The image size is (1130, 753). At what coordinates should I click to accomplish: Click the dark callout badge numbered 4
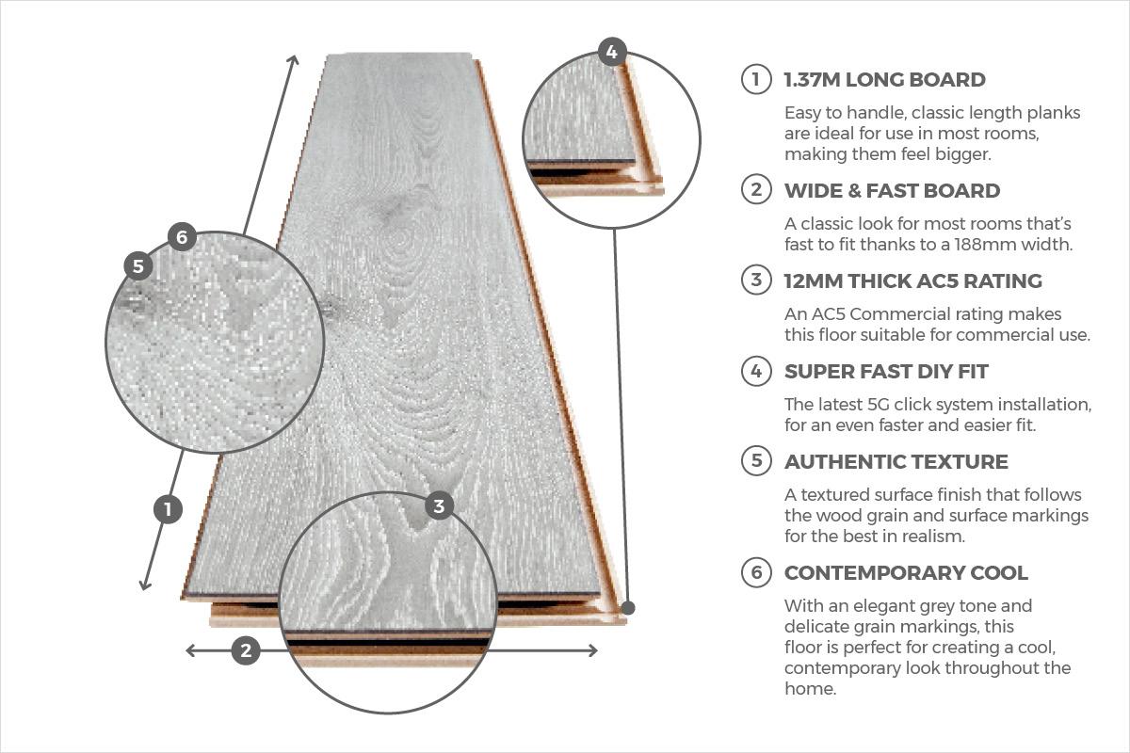click(x=612, y=52)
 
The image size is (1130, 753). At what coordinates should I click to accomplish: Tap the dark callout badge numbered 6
click(x=182, y=236)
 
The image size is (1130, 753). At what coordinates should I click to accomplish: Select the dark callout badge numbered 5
click(x=138, y=265)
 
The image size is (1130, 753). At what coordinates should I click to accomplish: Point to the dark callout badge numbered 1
click(x=168, y=509)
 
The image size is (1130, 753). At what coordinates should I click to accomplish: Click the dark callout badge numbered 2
click(x=246, y=650)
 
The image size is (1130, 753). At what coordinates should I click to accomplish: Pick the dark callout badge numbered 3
click(x=439, y=505)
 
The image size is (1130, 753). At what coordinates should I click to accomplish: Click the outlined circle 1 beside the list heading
click(x=756, y=79)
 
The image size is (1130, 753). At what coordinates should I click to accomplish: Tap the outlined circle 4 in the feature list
click(x=756, y=371)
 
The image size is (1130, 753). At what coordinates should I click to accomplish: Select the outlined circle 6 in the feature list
click(x=756, y=572)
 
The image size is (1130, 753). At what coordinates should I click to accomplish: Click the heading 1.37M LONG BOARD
click(x=885, y=80)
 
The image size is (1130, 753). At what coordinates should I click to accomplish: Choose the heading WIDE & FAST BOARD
click(x=892, y=191)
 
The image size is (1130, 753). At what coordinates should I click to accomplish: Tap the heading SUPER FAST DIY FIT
click(x=886, y=372)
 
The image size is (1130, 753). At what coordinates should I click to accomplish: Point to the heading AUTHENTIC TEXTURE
click(x=896, y=462)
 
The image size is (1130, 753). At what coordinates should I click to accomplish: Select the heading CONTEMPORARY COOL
click(x=906, y=573)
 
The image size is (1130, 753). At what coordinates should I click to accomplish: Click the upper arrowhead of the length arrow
click(x=294, y=59)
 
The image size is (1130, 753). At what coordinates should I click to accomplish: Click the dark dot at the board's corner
click(x=628, y=608)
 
